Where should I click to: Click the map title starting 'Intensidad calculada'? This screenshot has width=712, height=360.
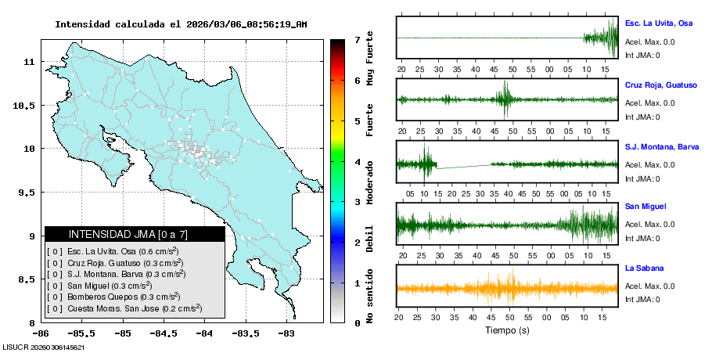[x=180, y=24]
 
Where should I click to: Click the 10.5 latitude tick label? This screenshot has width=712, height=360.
[x=25, y=106]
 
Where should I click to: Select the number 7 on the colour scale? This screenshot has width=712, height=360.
[x=357, y=40]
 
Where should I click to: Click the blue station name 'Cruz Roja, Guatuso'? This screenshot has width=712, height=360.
[x=660, y=84]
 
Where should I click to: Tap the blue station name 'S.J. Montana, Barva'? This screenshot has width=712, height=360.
[x=661, y=146]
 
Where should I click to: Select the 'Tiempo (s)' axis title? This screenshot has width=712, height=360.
[x=507, y=329]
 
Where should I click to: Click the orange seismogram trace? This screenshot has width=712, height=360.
[x=507, y=288]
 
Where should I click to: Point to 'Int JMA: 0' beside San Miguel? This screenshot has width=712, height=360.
[x=642, y=238]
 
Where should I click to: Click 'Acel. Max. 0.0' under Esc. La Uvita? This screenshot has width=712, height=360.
[x=649, y=42]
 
